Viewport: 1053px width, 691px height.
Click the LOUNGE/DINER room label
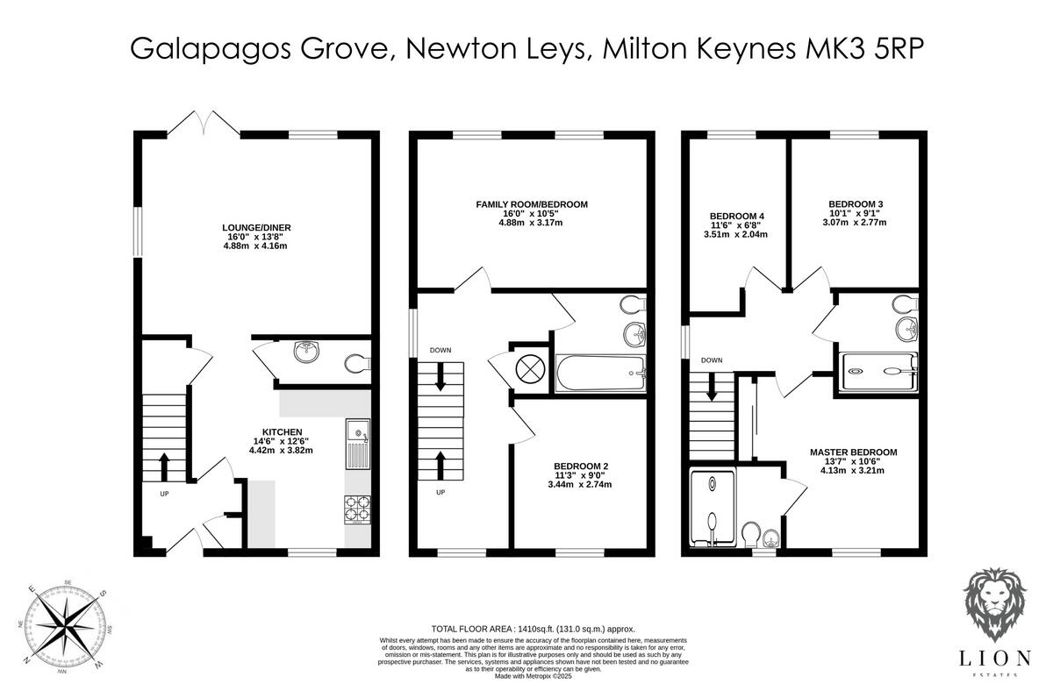coord(255,228)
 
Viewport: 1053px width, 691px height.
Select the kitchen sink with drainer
coord(357,443)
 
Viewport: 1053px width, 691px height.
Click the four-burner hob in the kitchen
coord(357,508)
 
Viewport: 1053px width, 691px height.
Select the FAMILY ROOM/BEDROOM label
coord(531,204)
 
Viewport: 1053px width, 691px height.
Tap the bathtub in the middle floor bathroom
coord(600,373)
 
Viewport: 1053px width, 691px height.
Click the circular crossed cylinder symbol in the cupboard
coord(530,369)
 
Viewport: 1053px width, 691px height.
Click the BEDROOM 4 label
coord(736,217)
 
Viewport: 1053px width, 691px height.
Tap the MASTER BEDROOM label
coord(853,452)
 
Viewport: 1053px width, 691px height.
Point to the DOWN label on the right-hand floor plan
coord(712,360)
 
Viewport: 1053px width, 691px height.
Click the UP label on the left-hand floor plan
coord(164,494)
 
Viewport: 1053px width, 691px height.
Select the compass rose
coord(68,626)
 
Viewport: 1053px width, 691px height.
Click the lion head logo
coord(998,608)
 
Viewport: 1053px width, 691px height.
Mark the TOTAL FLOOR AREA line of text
coord(533,629)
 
